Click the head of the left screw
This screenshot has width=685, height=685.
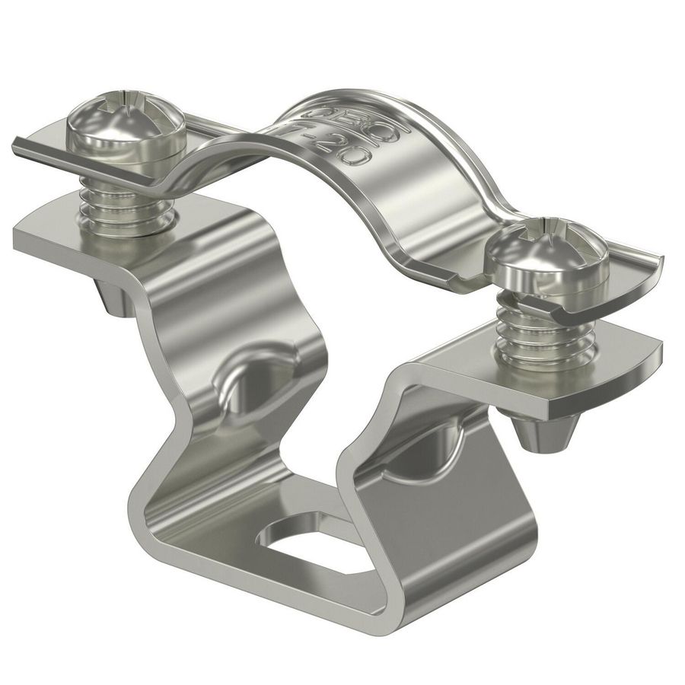(x=125, y=129)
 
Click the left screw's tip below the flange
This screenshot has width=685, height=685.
(x=110, y=297)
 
